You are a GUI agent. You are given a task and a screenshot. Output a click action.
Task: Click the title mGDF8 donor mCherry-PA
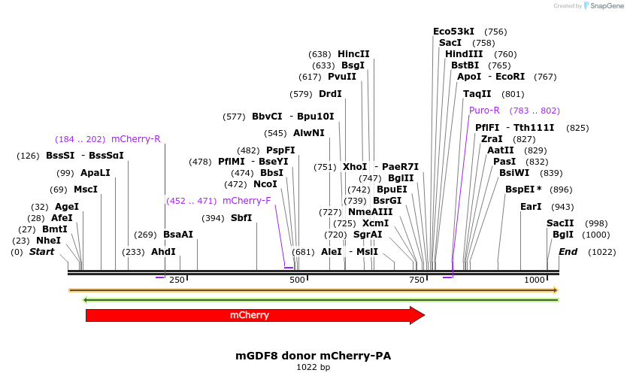313,355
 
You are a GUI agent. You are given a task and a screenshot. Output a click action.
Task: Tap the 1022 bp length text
313,367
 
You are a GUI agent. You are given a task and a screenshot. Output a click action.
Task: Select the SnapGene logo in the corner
604,6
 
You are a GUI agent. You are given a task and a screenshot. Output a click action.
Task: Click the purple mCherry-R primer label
136,139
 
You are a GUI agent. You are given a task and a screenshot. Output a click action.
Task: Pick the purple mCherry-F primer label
247,201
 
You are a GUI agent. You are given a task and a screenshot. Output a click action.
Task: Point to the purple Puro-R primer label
484,111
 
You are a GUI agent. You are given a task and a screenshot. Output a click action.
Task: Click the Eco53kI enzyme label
453,32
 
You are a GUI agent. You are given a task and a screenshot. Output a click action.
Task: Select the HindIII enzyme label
464,54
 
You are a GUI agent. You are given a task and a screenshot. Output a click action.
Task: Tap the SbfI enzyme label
241,218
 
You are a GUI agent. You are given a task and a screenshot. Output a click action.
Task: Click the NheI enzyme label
49,241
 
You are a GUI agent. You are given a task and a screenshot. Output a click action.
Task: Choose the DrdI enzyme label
330,94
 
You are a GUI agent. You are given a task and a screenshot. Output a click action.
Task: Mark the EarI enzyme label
531,207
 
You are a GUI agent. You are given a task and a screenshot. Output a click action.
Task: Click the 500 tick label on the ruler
298,280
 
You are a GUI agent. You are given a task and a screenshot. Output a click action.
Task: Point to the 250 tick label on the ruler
177,280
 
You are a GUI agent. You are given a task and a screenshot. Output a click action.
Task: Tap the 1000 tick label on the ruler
535,280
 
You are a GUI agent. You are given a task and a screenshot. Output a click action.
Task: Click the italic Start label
41,252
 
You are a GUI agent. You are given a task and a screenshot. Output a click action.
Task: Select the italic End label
568,252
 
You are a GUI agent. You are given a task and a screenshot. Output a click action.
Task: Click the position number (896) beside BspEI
561,189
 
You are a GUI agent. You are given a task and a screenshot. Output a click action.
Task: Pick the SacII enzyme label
560,223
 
